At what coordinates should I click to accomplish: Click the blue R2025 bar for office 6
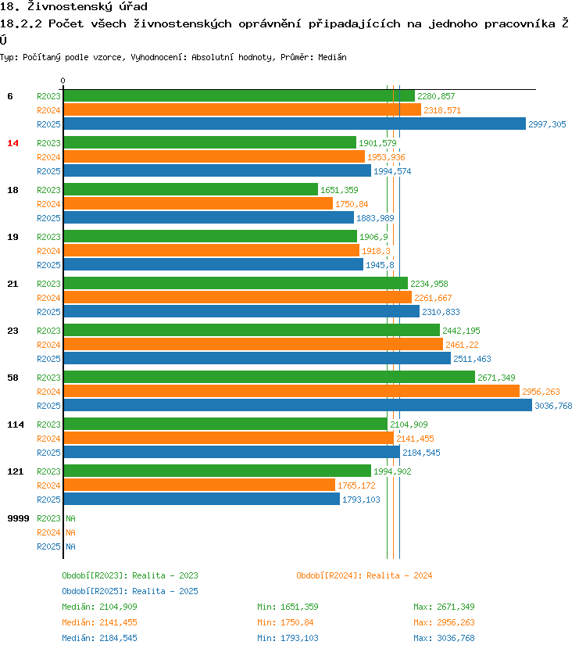point(295,124)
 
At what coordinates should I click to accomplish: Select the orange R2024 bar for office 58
point(291,391)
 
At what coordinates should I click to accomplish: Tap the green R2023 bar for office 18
point(191,189)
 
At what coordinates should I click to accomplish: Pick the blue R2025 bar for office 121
point(202,499)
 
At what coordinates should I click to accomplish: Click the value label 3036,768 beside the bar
point(553,406)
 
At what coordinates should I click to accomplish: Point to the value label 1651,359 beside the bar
point(340,190)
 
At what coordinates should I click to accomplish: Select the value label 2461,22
point(462,345)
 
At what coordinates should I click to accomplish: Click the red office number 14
point(13,143)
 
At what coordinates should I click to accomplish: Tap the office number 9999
point(18,518)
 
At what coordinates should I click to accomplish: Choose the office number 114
point(15,425)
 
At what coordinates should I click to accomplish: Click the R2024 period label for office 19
point(48,251)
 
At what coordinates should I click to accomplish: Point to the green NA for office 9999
point(70,518)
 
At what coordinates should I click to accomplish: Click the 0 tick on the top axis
point(63,81)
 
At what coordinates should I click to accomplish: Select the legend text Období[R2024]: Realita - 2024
point(364,575)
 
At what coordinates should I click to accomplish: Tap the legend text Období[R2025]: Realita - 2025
point(130,591)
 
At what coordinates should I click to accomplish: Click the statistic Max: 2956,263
point(444,622)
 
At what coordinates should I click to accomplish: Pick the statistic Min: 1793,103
point(288,638)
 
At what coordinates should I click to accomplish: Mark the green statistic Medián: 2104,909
point(99,607)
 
